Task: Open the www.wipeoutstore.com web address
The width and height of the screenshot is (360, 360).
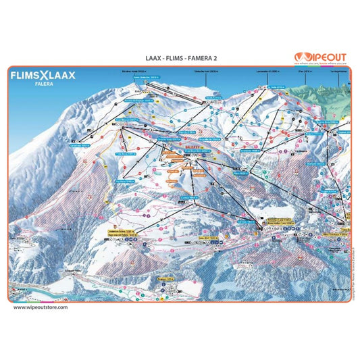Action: click(x=41, y=307)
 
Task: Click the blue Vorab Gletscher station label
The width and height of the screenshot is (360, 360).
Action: click(x=145, y=78)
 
